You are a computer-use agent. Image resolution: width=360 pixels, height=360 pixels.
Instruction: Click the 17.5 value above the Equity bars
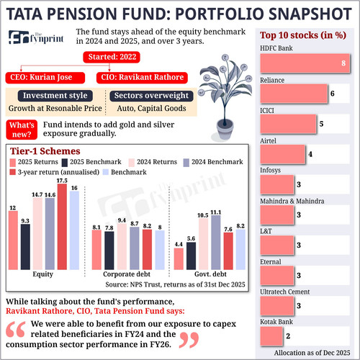(63, 181)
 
